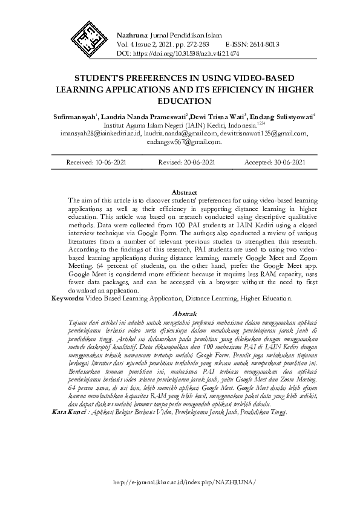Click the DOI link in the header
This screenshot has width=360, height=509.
pyautogui.click(x=200, y=53)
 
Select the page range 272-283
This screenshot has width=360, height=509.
pyautogui.click(x=193, y=44)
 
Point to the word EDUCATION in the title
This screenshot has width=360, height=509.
pyautogui.click(x=180, y=101)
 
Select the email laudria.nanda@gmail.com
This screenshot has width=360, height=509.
pyautogui.click(x=181, y=134)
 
